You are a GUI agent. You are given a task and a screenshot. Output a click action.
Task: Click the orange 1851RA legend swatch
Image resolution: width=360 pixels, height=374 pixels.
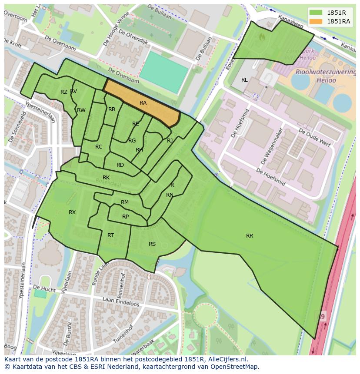(x=316, y=21)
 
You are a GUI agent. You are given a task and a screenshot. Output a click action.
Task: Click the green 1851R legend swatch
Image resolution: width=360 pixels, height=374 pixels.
(x=316, y=13)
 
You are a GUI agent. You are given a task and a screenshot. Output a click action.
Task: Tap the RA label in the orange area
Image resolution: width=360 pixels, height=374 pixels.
(x=143, y=103)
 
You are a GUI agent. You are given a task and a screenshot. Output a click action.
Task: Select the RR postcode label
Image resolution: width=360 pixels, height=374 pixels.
(x=250, y=236)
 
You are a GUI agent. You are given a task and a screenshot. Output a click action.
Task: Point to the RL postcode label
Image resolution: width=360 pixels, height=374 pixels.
(x=244, y=80)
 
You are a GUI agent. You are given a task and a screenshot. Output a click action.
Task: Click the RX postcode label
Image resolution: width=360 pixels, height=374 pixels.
(x=72, y=212)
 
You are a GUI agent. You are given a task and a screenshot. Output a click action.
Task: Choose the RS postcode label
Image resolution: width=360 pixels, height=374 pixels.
(x=152, y=244)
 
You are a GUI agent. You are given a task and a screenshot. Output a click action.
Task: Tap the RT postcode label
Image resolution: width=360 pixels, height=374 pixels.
(x=110, y=235)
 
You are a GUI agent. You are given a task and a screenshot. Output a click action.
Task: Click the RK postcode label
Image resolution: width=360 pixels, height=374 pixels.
(x=106, y=178)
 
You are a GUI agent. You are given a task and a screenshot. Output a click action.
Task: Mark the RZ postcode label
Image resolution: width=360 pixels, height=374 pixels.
(x=64, y=92)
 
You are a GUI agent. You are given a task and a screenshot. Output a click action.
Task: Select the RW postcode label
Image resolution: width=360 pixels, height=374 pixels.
(x=81, y=110)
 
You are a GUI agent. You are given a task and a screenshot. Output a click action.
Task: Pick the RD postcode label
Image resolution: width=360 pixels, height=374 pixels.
(x=120, y=165)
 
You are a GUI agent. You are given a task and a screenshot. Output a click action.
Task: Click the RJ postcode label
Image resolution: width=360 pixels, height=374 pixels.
(x=170, y=141)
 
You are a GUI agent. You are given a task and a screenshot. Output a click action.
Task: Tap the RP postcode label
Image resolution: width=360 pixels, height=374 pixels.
(x=125, y=217)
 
